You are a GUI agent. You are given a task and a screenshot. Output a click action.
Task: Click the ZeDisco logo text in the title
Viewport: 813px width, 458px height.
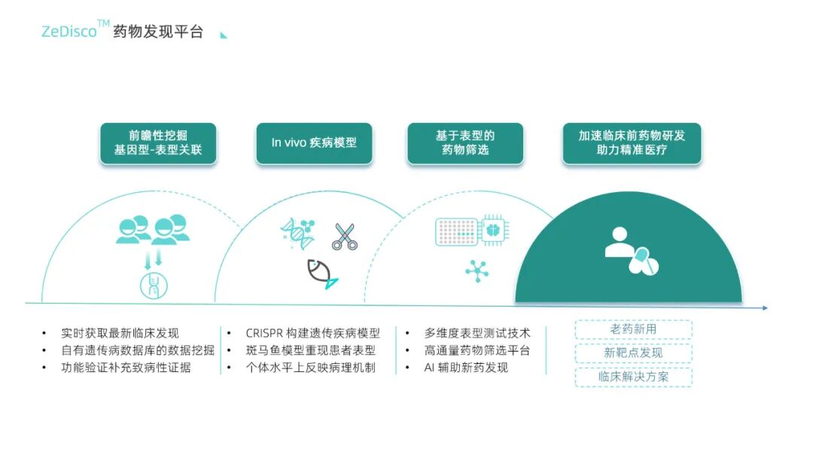pos(69,32)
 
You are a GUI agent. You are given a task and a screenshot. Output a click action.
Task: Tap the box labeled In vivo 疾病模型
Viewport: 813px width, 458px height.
pos(314,143)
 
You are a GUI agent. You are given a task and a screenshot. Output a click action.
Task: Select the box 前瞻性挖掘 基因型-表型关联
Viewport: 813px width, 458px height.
pos(158,143)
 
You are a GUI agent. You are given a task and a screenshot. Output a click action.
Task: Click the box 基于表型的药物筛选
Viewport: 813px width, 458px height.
pos(465,143)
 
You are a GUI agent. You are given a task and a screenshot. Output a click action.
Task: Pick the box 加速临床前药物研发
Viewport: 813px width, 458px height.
pos(632,143)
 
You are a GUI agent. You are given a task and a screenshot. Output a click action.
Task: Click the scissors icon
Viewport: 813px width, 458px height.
pos(345,237)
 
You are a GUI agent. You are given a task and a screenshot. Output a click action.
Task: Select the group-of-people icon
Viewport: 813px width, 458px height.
pos(152,230)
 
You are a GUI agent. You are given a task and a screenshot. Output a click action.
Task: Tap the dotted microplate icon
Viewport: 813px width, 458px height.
pos(457,231)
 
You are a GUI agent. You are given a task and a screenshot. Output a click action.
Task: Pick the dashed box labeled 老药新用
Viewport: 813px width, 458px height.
pos(633,329)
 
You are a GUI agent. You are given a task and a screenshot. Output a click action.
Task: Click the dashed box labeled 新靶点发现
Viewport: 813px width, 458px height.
pos(633,353)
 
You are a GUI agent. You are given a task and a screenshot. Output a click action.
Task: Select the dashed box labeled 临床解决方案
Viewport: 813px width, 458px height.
pos(633,377)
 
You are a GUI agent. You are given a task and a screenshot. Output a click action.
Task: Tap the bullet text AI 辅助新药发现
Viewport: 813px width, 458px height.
pos(466,368)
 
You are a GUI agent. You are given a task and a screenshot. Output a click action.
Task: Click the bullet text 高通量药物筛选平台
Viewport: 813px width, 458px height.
pos(477,350)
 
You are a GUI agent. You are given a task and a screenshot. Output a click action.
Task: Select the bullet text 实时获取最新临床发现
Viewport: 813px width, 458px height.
pos(120,333)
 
